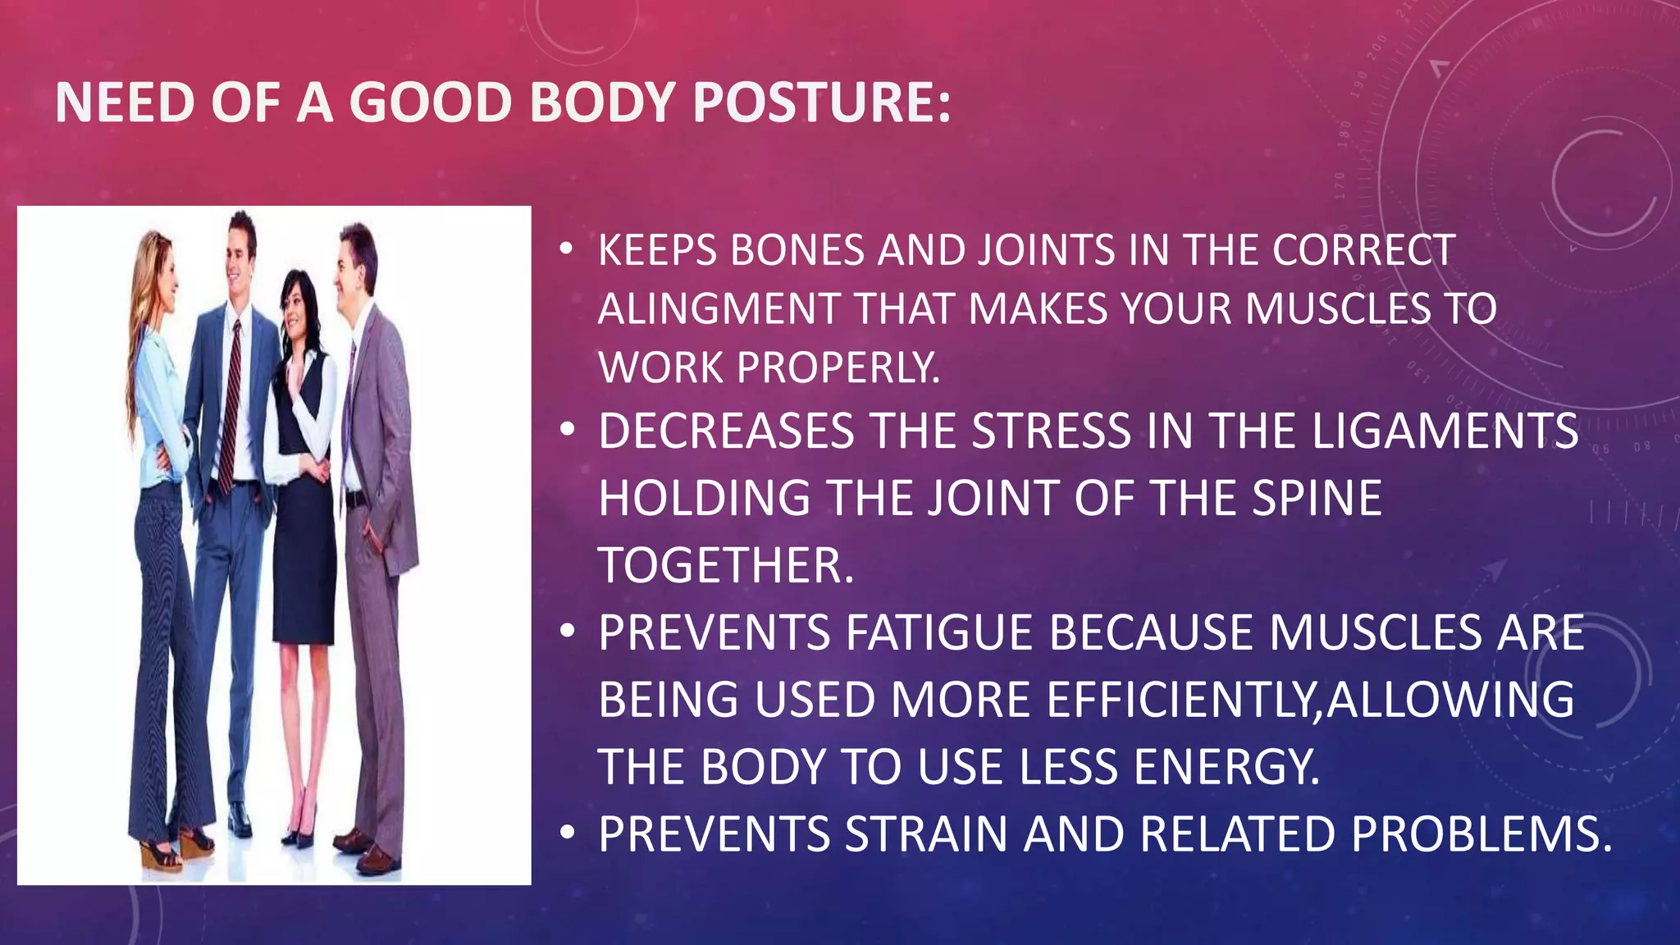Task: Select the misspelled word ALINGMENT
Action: pyautogui.click(x=719, y=309)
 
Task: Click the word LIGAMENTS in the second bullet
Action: pyautogui.click(x=1445, y=431)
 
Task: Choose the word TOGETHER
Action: pyautogui.click(x=725, y=565)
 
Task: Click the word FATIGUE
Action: pyautogui.click(x=938, y=632)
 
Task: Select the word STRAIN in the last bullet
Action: pyautogui.click(x=926, y=834)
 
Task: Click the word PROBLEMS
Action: pyautogui.click(x=1481, y=834)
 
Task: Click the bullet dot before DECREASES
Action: pyautogui.click(x=566, y=431)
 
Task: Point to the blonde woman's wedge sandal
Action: pyautogui.click(x=160, y=853)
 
